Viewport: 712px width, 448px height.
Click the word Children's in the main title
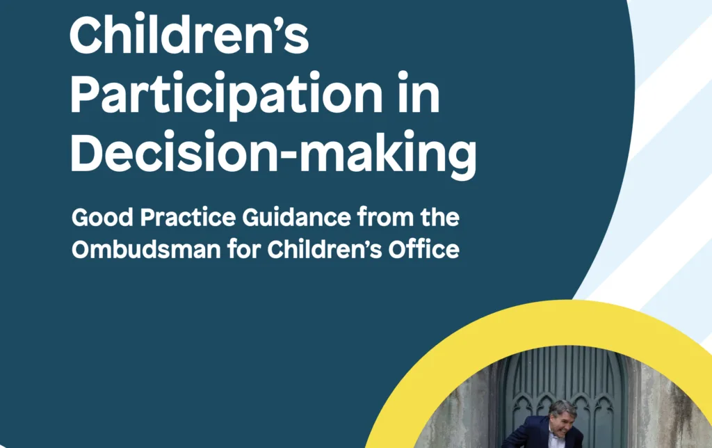[189, 35]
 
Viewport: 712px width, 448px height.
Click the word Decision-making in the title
[273, 152]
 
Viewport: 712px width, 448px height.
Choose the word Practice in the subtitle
[188, 218]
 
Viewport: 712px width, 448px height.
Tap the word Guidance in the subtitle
[296, 217]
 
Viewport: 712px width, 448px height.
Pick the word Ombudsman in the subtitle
[146, 250]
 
